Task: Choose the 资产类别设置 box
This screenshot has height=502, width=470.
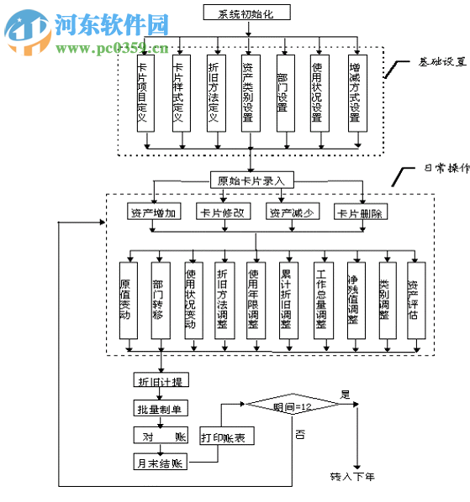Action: coord(249,92)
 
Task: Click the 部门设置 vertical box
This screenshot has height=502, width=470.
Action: coord(283,92)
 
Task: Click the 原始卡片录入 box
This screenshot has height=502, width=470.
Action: coord(251,180)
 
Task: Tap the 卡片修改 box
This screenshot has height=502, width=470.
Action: coord(223,212)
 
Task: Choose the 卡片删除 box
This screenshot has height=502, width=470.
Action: coord(361,212)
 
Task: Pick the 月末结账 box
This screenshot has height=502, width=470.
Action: coord(160,463)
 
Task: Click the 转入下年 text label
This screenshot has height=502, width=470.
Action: coord(351,477)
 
